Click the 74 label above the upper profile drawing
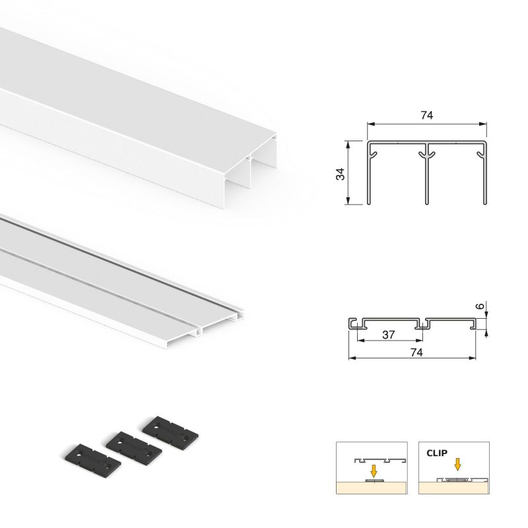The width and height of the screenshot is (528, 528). click(426, 115)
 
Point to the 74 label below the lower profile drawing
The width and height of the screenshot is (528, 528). click(416, 352)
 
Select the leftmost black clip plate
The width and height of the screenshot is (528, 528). click(84, 458)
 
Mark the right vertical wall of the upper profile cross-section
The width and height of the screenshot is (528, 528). click(486, 175)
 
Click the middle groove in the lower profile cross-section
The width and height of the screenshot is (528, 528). click(420, 323)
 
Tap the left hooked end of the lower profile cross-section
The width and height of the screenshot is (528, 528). click(352, 323)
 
